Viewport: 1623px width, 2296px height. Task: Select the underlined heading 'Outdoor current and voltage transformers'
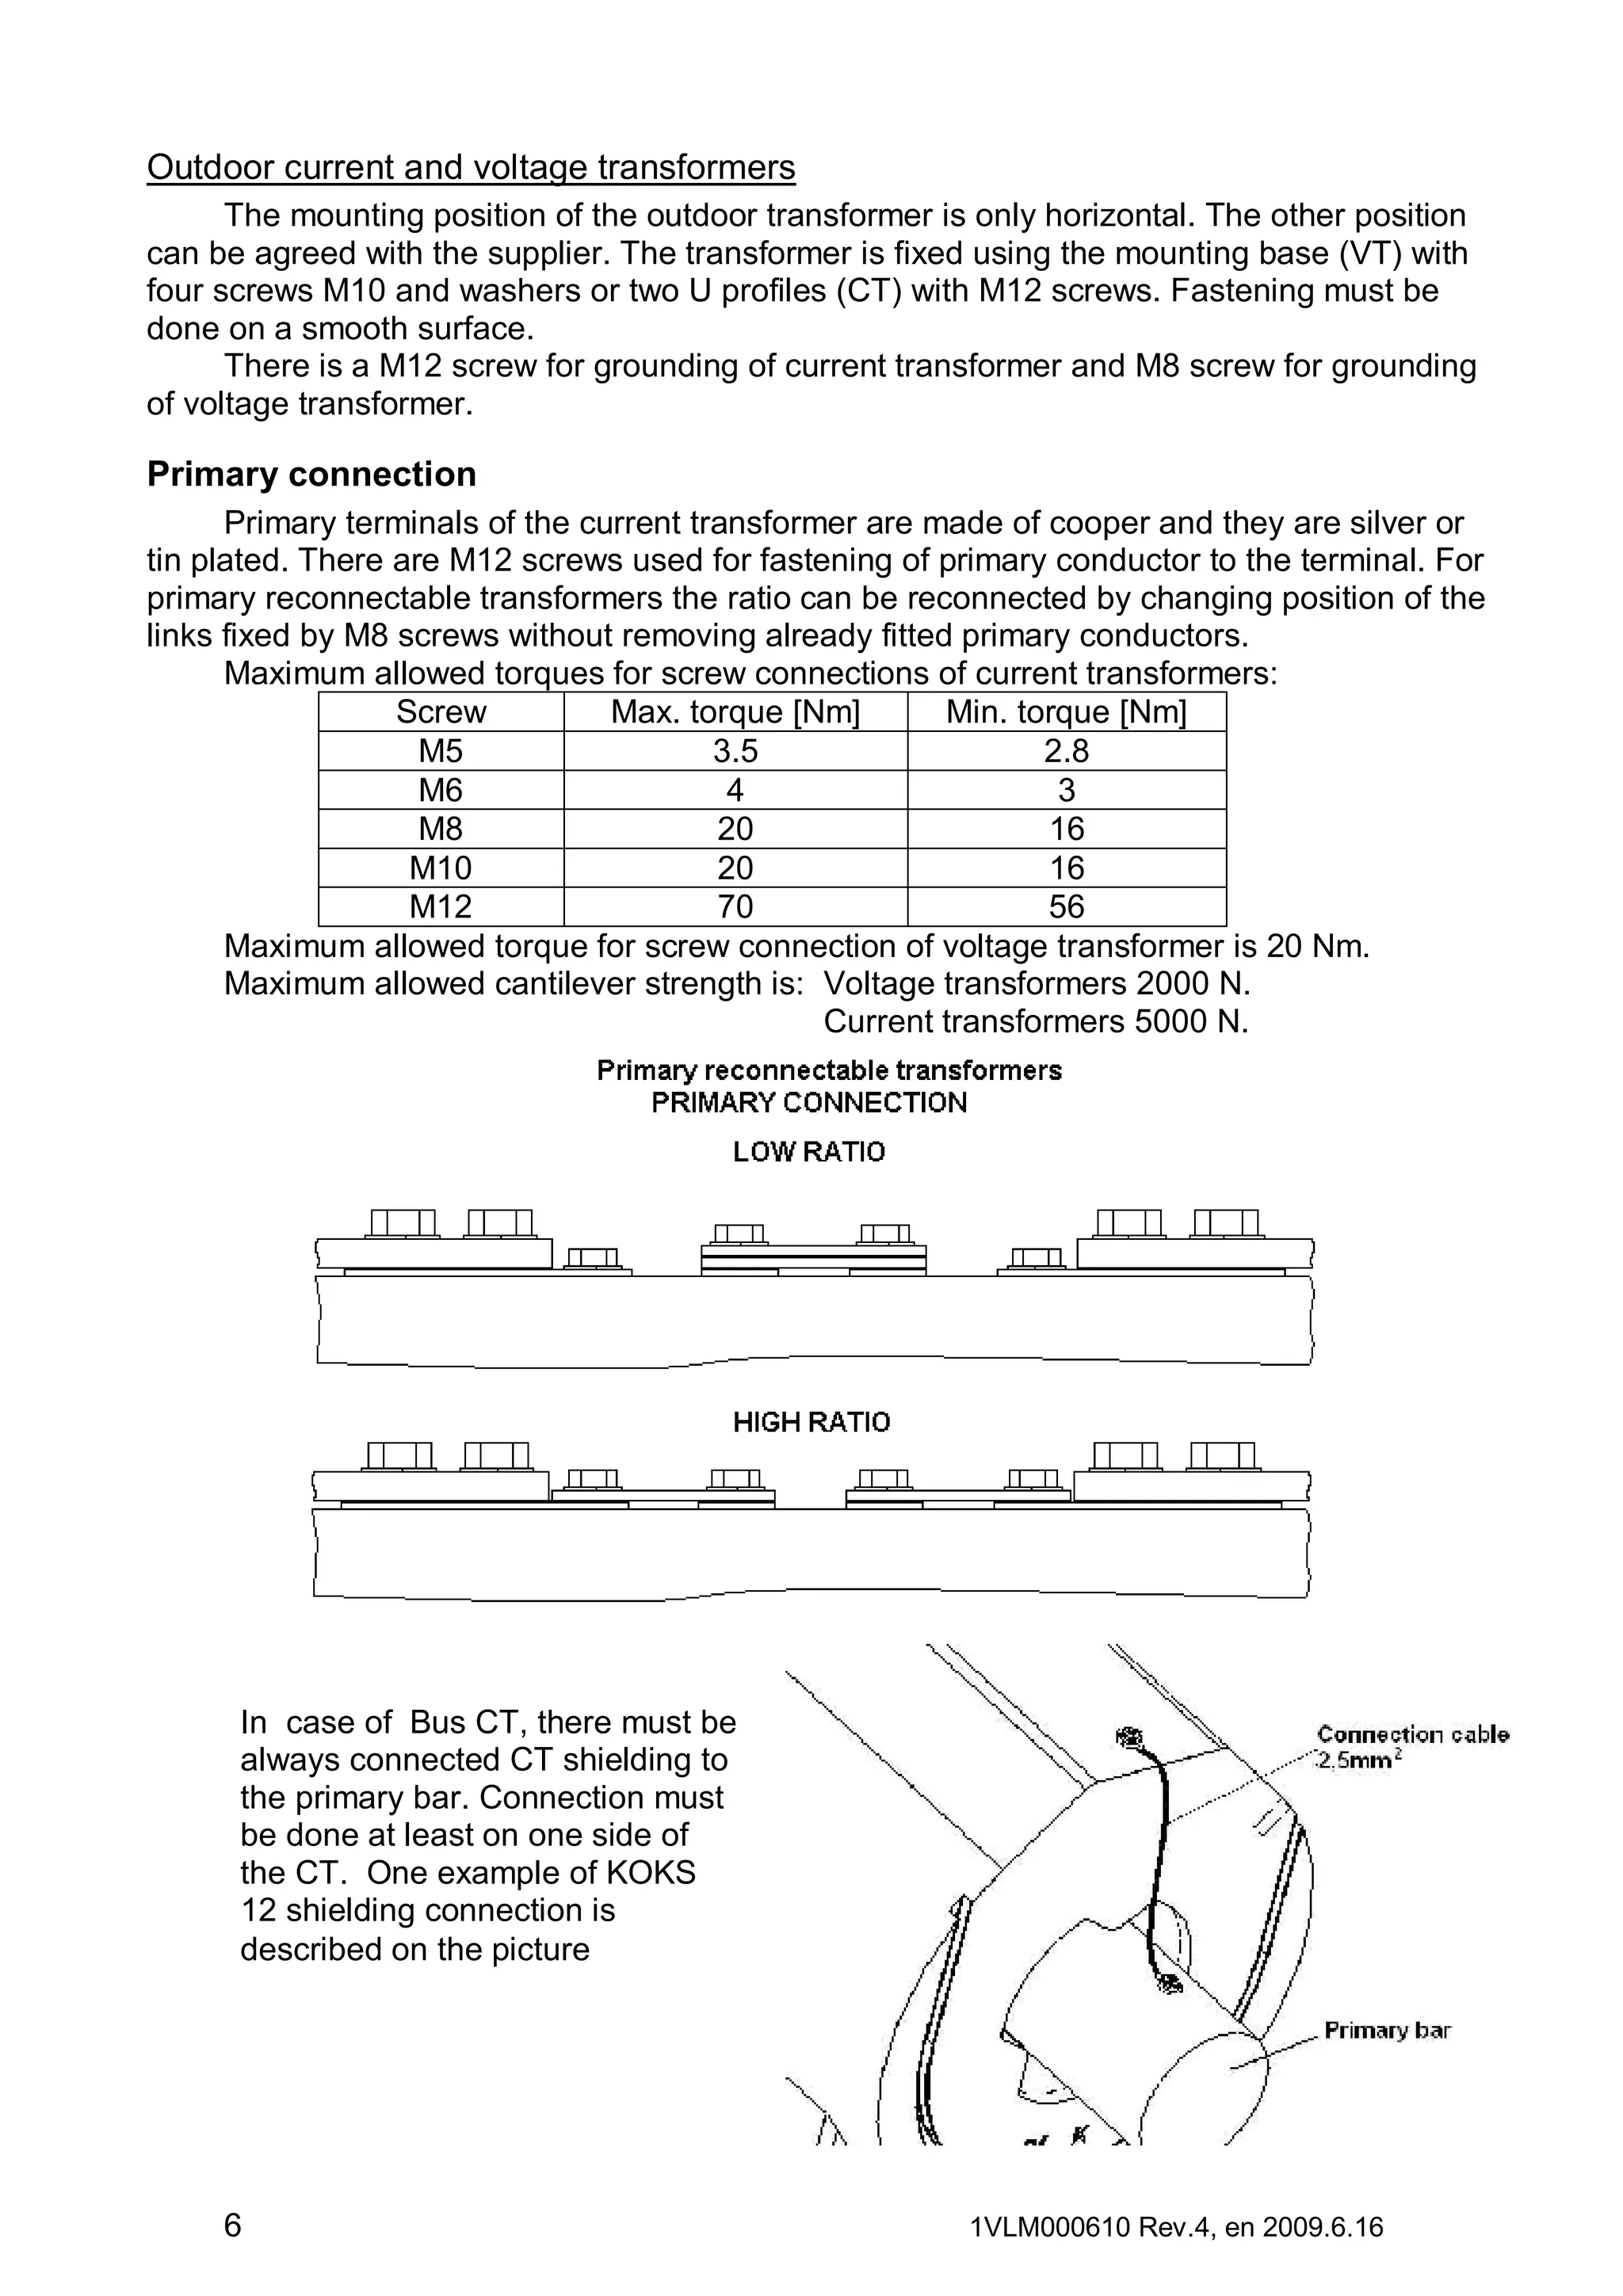click(x=471, y=167)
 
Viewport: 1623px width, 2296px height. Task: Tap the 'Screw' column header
click(x=440, y=712)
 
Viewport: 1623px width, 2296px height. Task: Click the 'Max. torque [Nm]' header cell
click(x=735, y=712)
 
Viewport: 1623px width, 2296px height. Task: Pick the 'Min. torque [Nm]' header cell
click(x=1066, y=712)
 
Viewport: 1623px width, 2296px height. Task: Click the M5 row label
click(x=440, y=751)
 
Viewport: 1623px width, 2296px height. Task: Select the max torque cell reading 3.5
click(x=735, y=751)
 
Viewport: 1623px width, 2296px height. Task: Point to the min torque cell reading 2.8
click(x=1066, y=751)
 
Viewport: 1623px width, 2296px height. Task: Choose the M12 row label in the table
click(x=440, y=907)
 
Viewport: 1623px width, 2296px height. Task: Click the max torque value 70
click(x=735, y=907)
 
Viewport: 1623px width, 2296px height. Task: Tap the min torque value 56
click(x=1066, y=907)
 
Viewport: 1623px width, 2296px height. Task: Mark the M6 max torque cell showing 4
click(x=735, y=790)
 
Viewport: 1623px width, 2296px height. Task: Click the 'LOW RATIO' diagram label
click(x=809, y=1152)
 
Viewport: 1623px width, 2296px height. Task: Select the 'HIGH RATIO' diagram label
click(x=811, y=1422)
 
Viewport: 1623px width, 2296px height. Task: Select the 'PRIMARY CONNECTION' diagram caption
click(x=809, y=1103)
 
